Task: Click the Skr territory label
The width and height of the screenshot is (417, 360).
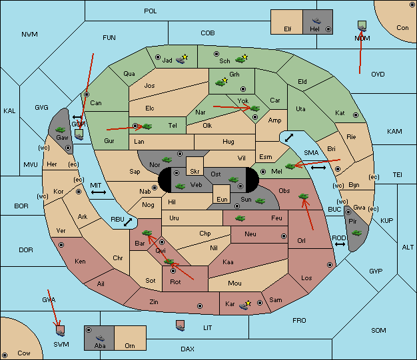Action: pyautogui.click(x=195, y=172)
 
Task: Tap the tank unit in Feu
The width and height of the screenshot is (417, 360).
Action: pyautogui.click(x=240, y=218)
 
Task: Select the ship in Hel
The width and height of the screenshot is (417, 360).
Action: pyautogui.click(x=316, y=21)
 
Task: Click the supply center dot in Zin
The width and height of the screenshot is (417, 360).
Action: pyautogui.click(x=200, y=306)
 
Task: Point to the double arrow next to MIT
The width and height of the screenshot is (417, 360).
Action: pyautogui.click(x=99, y=192)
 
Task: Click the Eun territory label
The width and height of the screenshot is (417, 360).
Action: pyautogui.click(x=222, y=199)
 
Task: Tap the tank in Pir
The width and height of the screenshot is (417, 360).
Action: pyautogui.click(x=356, y=233)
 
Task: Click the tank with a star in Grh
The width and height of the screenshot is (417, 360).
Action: pyautogui.click(x=221, y=82)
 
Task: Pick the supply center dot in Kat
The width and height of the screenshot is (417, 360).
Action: pyautogui.click(x=356, y=115)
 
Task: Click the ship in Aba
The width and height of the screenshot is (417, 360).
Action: pyautogui.click(x=100, y=338)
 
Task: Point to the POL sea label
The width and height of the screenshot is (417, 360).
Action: pyautogui.click(x=151, y=11)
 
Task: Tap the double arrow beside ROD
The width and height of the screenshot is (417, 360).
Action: pyautogui.click(x=340, y=244)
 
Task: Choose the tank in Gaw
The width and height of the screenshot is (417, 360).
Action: pyautogui.click(x=60, y=130)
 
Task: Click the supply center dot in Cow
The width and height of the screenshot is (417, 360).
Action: pyautogui.click(x=5, y=355)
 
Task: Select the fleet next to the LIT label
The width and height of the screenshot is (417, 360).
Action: pyautogui.click(x=181, y=326)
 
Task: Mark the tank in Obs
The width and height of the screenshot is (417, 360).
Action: pyautogui.click(x=303, y=196)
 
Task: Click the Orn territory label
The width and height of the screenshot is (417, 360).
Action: pyautogui.click(x=130, y=345)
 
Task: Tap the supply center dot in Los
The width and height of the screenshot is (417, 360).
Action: pyautogui.click(x=330, y=265)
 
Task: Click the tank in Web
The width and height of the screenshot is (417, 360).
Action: pyautogui.click(x=180, y=186)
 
